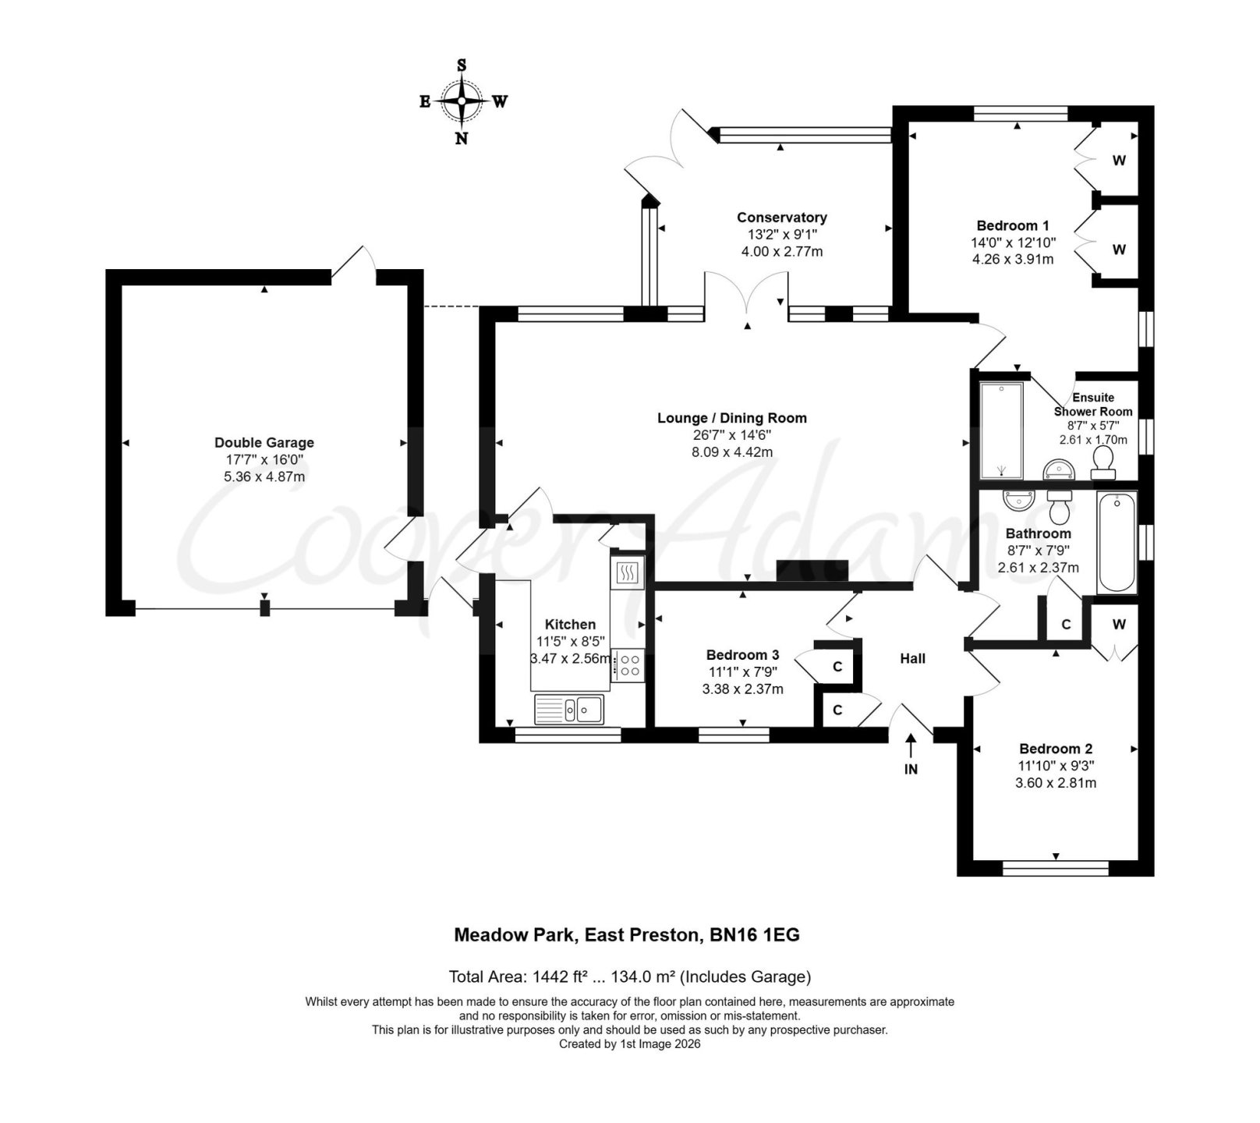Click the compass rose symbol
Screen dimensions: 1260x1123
462,101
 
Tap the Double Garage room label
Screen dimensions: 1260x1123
264,442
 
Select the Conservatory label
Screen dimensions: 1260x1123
782,218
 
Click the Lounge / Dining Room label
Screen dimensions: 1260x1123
732,418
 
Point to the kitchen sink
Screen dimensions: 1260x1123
568,709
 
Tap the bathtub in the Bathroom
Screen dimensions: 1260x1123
1117,543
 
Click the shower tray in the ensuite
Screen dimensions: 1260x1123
1000,430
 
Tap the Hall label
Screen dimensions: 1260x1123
913,658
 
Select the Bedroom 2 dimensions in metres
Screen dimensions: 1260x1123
1056,782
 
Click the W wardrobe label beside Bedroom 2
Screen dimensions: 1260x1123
1120,624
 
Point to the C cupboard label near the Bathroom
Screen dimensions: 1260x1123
1066,625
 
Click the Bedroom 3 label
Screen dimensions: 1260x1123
742,655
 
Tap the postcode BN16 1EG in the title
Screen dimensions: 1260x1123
755,934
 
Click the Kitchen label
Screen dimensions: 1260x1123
570,624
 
